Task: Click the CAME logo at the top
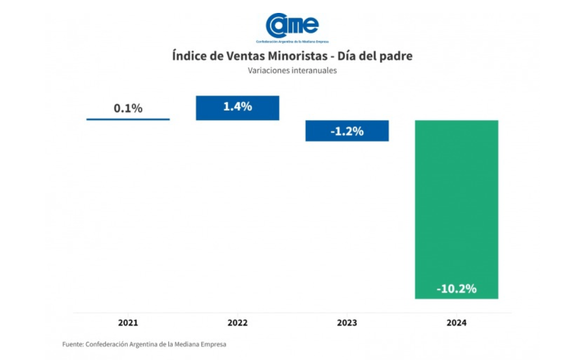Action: coord(292,25)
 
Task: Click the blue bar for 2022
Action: coord(237,108)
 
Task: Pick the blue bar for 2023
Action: coord(347,131)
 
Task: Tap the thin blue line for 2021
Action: coord(128,119)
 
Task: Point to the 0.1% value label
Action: coord(128,108)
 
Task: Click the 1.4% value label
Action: coord(237,107)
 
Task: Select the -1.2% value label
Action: coord(347,131)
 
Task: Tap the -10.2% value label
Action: coord(456,289)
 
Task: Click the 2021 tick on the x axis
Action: coord(128,323)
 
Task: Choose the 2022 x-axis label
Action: coord(237,323)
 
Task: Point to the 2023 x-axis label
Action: coord(347,323)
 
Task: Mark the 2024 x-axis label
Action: coord(456,323)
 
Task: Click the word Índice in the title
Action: coord(187,57)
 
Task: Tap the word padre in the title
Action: coord(397,57)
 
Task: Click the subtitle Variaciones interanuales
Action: coord(292,71)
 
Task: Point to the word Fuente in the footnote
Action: coord(72,344)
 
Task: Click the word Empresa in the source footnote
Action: coord(213,344)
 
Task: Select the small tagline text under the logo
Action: coord(292,42)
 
